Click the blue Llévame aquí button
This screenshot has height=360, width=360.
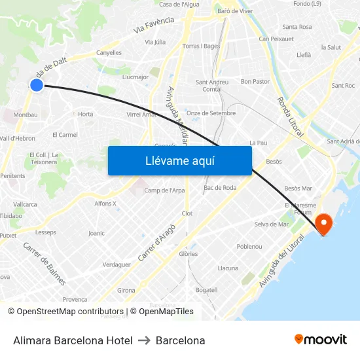pos(179,160)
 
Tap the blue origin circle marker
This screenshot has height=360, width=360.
pos(37,84)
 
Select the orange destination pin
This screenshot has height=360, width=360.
pos(323,225)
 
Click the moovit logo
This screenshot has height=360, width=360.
pos(320,340)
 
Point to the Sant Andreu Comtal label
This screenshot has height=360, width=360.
pos(213,86)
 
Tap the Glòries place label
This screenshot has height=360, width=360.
pos(188,254)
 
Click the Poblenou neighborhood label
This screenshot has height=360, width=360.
pos(249,247)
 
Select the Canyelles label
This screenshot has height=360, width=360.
pos(109,53)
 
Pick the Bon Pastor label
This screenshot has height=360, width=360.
pos(255,82)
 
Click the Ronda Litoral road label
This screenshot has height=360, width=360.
pos(290,117)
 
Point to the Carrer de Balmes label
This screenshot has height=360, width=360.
pos(45,264)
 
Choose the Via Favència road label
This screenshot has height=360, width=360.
pos(154,26)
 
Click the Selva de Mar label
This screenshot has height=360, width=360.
pos(271,225)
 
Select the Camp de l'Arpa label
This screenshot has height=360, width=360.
pos(164,190)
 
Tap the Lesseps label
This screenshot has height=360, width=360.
pos(46,232)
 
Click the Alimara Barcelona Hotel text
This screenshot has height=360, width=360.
pos(73,340)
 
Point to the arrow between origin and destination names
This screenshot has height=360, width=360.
pos(144,340)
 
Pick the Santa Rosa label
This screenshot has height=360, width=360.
pos(297,27)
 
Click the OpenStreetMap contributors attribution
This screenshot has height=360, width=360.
pos(66,312)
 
